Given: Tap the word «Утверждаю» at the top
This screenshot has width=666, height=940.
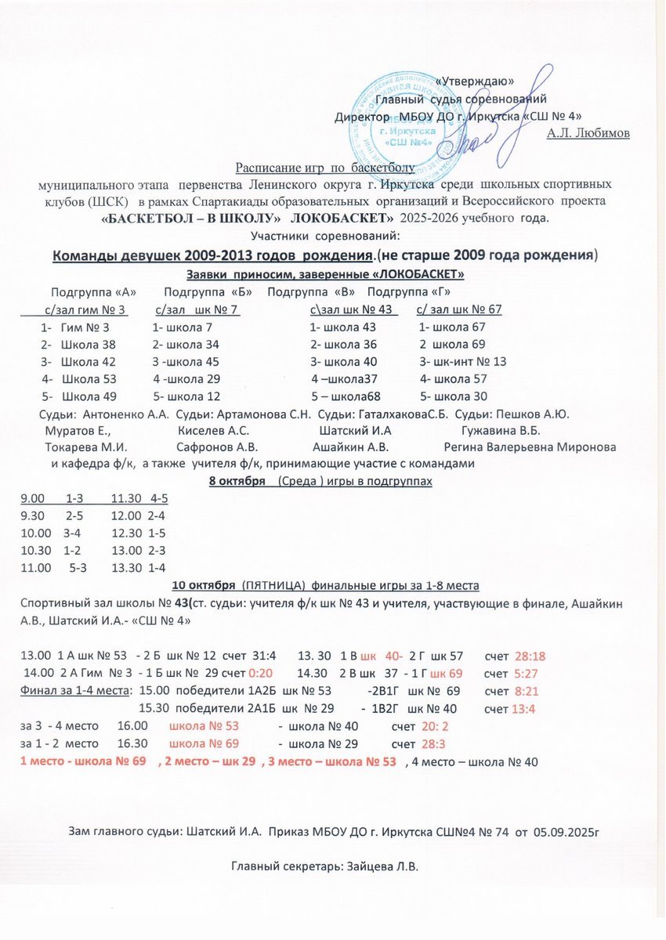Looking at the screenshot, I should pos(474,81).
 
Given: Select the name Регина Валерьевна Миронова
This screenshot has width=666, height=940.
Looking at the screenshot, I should pos(530,447).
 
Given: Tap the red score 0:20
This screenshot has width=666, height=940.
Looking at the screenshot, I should pos(259,673).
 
